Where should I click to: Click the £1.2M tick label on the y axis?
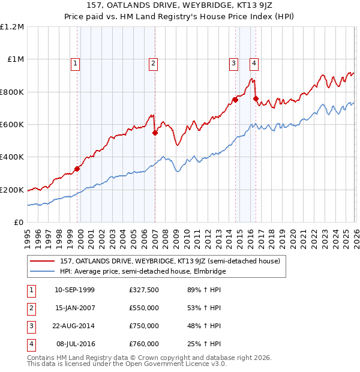tap(12, 27)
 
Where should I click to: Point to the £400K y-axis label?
tap(12, 157)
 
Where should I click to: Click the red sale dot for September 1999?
tap(77, 169)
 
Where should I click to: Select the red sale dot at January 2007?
tap(155, 133)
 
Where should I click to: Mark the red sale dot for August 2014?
tap(235, 100)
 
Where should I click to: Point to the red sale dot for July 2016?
tap(256, 98)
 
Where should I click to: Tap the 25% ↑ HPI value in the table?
tap(204, 344)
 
